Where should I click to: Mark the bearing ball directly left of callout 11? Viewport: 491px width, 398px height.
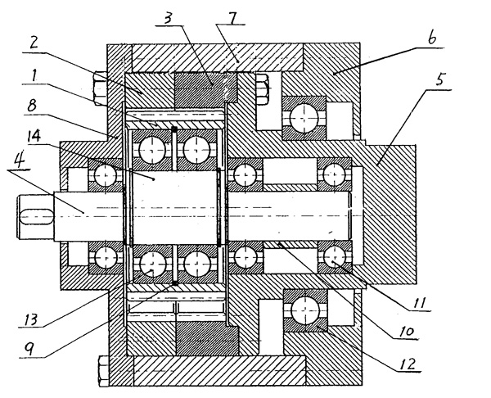click(335, 260)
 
